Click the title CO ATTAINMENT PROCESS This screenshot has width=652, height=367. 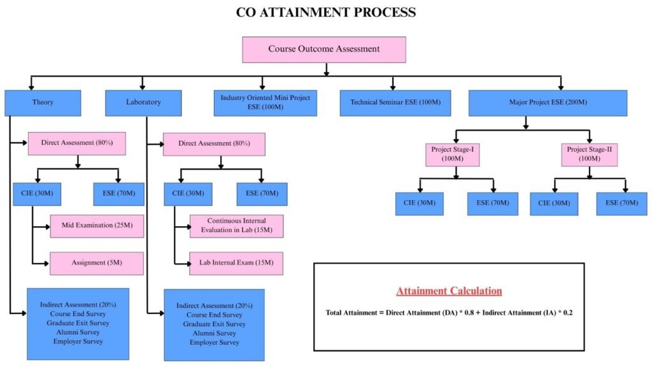pyautogui.click(x=325, y=13)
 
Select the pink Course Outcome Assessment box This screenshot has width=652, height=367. pyautogui.click(x=323, y=49)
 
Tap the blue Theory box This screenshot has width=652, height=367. pyautogui.click(x=43, y=103)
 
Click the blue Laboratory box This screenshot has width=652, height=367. pyautogui.click(x=143, y=103)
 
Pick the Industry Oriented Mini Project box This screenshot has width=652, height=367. pyautogui.click(x=265, y=103)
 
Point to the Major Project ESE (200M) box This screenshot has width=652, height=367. pyautogui.click(x=548, y=103)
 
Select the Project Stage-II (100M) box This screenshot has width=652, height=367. pyautogui.click(x=589, y=154)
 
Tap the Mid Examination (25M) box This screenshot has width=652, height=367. pyautogui.click(x=97, y=226)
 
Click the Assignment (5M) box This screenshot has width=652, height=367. pyautogui.click(x=97, y=263)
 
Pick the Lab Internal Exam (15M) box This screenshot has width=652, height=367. pyautogui.click(x=236, y=263)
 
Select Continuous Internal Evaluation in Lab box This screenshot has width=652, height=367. pyautogui.click(x=236, y=226)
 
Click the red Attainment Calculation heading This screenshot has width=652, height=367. pyautogui.click(x=449, y=292)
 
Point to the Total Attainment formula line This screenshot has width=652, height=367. pyautogui.click(x=449, y=313)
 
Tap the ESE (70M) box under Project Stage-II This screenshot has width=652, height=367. pyautogui.click(x=621, y=203)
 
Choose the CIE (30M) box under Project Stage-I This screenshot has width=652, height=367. pyautogui.click(x=420, y=203)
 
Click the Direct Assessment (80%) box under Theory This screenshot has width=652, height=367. pyautogui.click(x=76, y=143)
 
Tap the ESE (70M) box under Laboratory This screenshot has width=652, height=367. pyautogui.click(x=262, y=194)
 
